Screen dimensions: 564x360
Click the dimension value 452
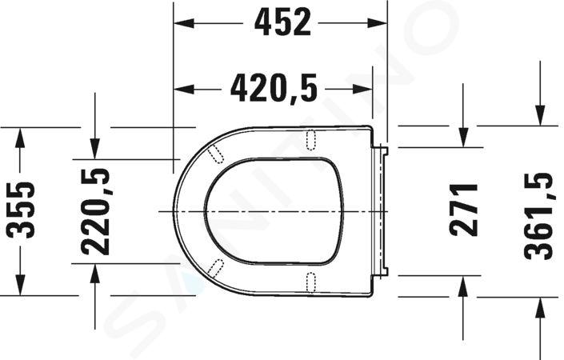(282, 22)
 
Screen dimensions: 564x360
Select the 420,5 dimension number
(274, 89)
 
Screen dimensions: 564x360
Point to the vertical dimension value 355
(22, 210)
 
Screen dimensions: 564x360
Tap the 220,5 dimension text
(95, 211)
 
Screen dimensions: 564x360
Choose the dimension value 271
(463, 210)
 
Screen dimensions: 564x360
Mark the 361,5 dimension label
(538, 216)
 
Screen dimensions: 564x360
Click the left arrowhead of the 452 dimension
(184, 23)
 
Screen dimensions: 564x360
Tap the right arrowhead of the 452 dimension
(377, 23)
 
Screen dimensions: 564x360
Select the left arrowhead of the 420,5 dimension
(184, 89)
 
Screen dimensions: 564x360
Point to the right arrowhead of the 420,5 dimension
(362, 89)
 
